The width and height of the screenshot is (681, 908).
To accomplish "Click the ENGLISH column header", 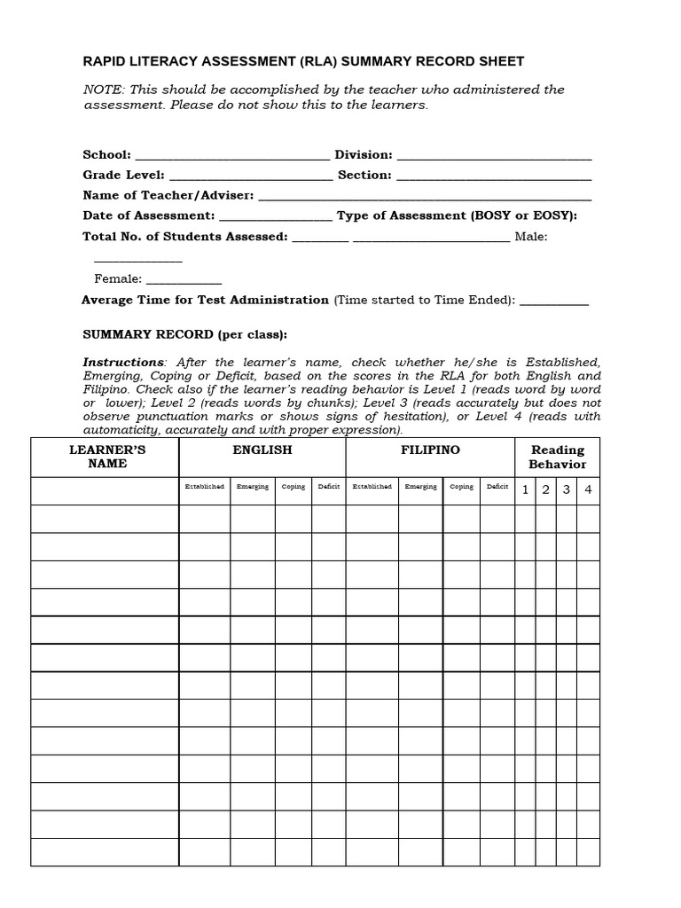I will pos(262,450).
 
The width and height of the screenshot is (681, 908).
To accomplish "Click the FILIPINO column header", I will pos(430,450).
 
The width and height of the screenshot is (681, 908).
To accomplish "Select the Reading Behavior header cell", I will pos(557,457).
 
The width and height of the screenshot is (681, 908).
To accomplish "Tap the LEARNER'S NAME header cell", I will pos(107,457).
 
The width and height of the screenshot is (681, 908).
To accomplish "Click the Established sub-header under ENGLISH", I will pos(205,487).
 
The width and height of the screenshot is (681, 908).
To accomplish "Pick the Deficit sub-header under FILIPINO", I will pos(497,487).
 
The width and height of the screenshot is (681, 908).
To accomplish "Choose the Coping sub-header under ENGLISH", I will pos(293,487).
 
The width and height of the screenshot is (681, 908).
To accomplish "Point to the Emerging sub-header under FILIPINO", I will pos(420,487).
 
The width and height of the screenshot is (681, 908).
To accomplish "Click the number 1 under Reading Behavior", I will pos(525,489).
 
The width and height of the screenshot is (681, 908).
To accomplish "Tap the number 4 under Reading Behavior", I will pos(587,489).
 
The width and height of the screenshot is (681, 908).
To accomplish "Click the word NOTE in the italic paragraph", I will pos(102,90).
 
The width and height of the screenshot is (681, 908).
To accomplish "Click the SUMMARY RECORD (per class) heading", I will pos(184,334).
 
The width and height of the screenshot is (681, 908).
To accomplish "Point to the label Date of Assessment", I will pos(148,215).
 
